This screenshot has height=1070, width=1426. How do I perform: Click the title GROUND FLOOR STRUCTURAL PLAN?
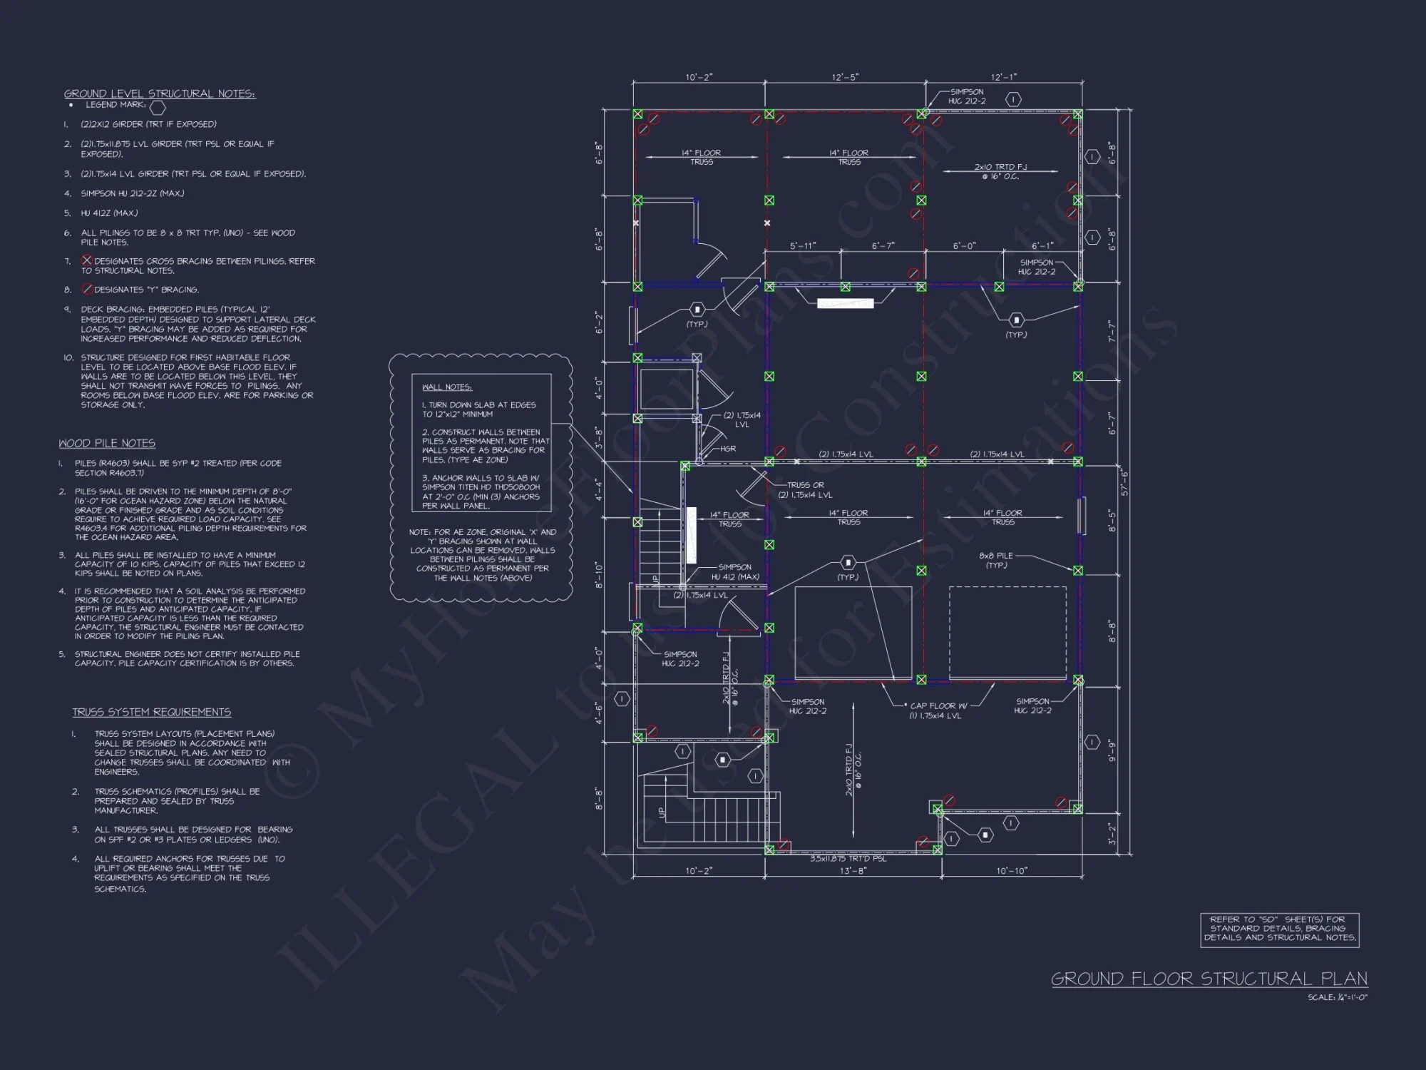tap(1209, 979)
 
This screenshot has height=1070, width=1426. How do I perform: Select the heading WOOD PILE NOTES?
tap(107, 443)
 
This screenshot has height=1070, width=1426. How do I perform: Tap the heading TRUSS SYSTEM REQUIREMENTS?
tap(151, 712)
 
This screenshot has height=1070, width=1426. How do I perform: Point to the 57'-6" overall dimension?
tap(1125, 482)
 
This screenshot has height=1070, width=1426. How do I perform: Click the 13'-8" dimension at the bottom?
tap(853, 871)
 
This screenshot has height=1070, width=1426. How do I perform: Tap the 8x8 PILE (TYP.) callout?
tap(996, 560)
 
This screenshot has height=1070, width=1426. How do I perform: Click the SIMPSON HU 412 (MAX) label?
tap(735, 572)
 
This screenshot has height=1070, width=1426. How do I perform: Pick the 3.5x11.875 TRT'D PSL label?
tap(848, 859)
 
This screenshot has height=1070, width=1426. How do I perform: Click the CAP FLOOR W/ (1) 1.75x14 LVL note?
tap(935, 710)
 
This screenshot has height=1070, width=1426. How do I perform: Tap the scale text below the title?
tap(1338, 997)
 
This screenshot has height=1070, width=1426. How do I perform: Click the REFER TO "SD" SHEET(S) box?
tap(1280, 929)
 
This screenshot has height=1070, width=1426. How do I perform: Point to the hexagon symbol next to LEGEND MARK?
tap(158, 107)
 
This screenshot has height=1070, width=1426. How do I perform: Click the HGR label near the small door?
tap(728, 449)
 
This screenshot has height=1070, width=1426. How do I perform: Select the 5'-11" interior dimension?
tap(803, 246)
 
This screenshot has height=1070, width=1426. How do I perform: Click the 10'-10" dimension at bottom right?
tap(1011, 871)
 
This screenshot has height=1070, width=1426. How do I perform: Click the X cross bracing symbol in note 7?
tap(87, 260)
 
